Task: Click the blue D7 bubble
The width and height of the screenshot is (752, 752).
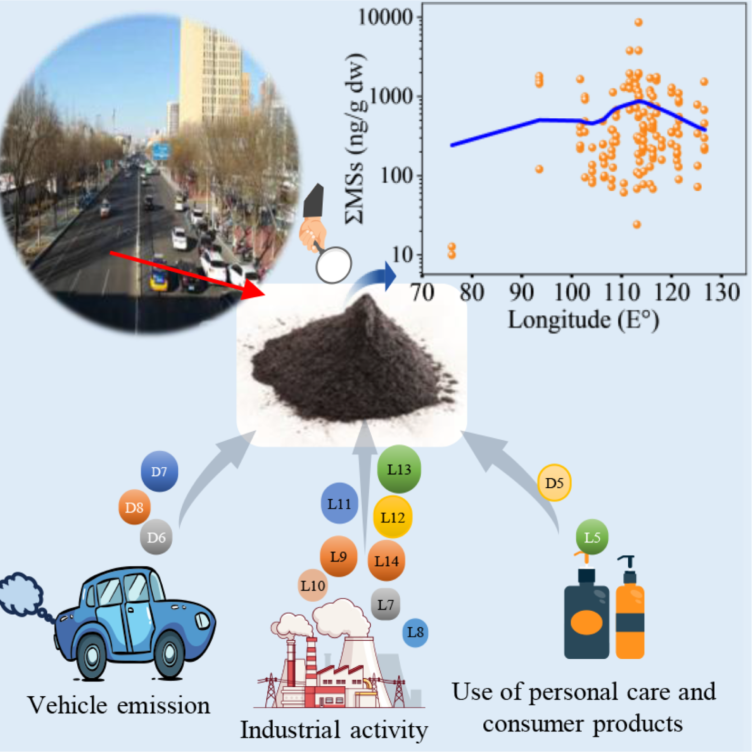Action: point(159,471)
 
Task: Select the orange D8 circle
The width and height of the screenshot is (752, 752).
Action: point(134,507)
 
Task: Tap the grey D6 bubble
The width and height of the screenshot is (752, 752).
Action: point(156,537)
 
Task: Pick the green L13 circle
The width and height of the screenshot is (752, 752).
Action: point(399,469)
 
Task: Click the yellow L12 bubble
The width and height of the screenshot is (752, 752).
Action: point(393,517)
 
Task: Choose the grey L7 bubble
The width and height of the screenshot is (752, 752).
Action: point(385,605)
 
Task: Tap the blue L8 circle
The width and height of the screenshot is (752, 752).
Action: point(415,633)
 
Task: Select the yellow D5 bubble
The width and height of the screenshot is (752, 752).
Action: point(554,483)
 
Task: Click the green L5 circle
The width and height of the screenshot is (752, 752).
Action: point(592,537)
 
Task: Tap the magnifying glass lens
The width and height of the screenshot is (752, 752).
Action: point(333,265)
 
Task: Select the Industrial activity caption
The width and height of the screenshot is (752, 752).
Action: point(334,730)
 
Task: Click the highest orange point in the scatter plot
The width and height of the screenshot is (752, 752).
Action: point(638,22)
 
